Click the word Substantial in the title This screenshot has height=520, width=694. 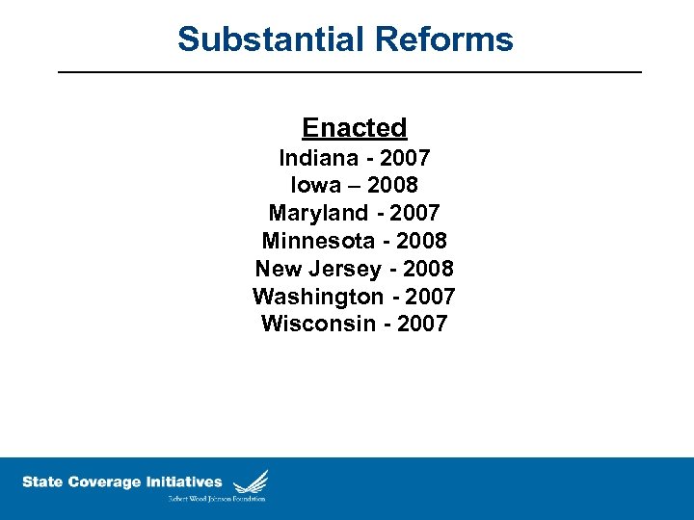(x=267, y=39)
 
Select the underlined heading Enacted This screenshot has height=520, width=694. (x=354, y=127)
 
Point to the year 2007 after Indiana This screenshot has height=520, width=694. (x=405, y=157)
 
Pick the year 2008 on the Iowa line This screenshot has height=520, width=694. (x=392, y=184)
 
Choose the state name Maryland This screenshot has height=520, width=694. (x=318, y=213)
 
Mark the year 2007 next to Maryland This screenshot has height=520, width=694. (x=415, y=213)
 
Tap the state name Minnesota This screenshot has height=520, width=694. (x=319, y=240)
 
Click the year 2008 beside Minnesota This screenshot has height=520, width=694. (x=421, y=240)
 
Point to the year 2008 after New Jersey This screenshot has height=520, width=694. (x=428, y=269)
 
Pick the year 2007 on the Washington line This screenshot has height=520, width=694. (x=430, y=297)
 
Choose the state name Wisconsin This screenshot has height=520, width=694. (x=318, y=324)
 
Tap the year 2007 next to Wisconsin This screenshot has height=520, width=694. (x=422, y=324)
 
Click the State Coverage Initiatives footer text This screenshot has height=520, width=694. (x=122, y=481)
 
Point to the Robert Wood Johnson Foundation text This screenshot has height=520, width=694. (x=217, y=499)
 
